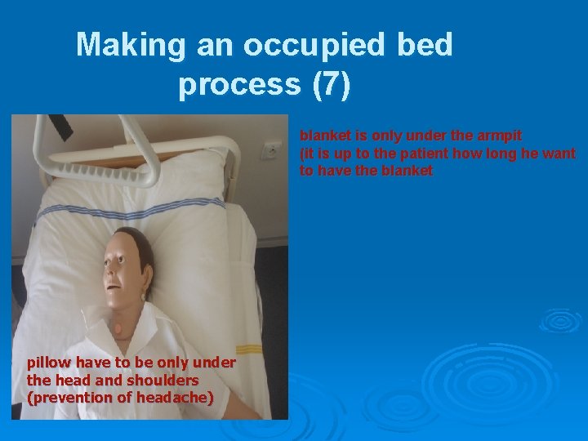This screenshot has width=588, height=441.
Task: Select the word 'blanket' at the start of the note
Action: (326, 135)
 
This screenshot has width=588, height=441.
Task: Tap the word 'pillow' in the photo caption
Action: (51, 362)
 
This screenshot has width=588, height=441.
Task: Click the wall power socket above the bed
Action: (270, 150)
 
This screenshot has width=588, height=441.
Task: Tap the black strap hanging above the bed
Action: (60, 126)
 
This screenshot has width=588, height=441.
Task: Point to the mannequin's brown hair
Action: (140, 245)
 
